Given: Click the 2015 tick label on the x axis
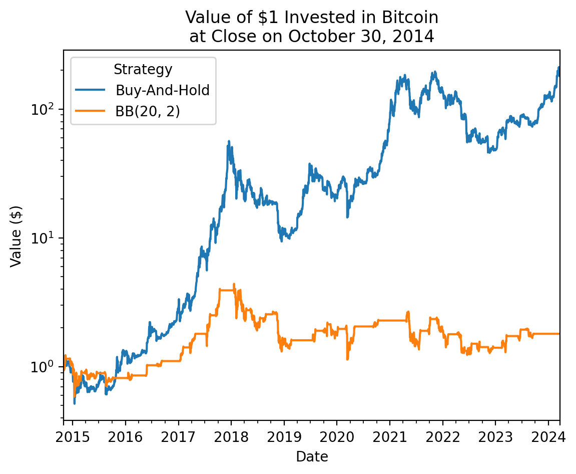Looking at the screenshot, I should pos(73,436).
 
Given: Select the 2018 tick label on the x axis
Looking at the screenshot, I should pos(231,436).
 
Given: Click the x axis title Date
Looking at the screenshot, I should pos(312,456).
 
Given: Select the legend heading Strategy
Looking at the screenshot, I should pos(143,69).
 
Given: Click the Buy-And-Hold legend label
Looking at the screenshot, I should pos(162,90).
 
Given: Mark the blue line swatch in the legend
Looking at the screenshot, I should pos(91,90).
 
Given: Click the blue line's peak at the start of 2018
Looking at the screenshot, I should pos(229,142).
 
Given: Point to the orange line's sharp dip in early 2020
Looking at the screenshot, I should pos(347,359).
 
